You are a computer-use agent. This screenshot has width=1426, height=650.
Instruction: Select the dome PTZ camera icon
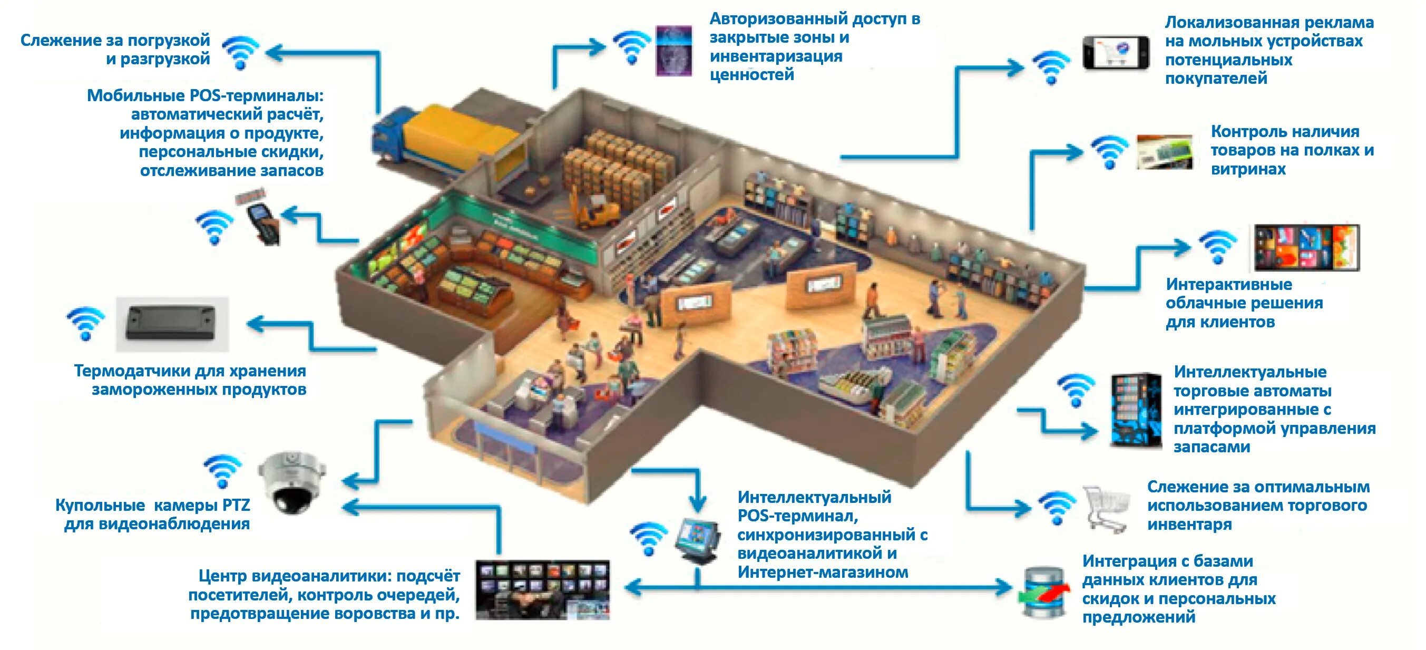pos(292,482)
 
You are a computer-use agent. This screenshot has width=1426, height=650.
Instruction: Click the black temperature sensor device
pos(171,324)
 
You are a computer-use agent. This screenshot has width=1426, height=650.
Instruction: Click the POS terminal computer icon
pos(699,539)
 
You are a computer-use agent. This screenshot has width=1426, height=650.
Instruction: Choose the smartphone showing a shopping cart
pos(1116,53)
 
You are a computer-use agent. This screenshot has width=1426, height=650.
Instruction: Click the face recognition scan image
pos(673,51)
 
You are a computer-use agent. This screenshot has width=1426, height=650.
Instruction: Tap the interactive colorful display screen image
pos(1306,247)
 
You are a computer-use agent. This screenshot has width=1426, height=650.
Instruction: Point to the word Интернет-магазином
pos(823,572)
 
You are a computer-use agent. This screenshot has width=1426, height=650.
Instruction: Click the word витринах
pos(1248,169)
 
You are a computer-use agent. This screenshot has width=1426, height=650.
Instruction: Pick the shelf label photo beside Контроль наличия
pos(1164,151)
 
